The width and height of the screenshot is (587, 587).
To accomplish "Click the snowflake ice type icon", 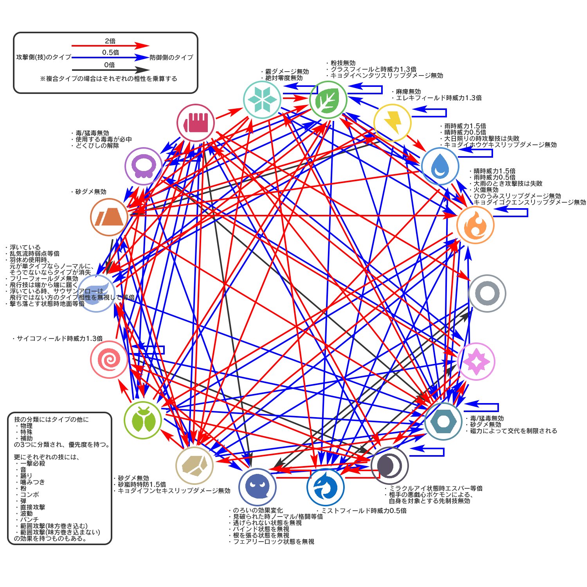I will click(261, 99).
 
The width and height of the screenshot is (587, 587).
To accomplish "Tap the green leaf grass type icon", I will click(328, 99).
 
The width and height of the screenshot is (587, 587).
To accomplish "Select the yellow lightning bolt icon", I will click(392, 122).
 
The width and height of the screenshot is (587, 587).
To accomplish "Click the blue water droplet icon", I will click(440, 166).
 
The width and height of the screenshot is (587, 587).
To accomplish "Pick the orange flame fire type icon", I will click(475, 225).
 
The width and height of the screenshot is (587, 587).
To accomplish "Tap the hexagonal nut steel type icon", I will click(443, 421).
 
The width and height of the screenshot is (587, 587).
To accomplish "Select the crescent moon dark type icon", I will click(390, 466).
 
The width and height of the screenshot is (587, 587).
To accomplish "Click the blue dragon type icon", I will click(326, 487).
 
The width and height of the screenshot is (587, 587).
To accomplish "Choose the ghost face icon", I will click(257, 487).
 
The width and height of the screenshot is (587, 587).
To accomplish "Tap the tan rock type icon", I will click(194, 465).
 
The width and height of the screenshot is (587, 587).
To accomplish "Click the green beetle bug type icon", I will click(143, 420).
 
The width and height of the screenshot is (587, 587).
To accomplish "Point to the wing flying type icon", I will click(97, 293).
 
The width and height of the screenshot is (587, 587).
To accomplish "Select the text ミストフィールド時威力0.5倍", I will click(364, 511).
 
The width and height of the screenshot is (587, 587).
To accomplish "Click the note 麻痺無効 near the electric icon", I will click(408, 92).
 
